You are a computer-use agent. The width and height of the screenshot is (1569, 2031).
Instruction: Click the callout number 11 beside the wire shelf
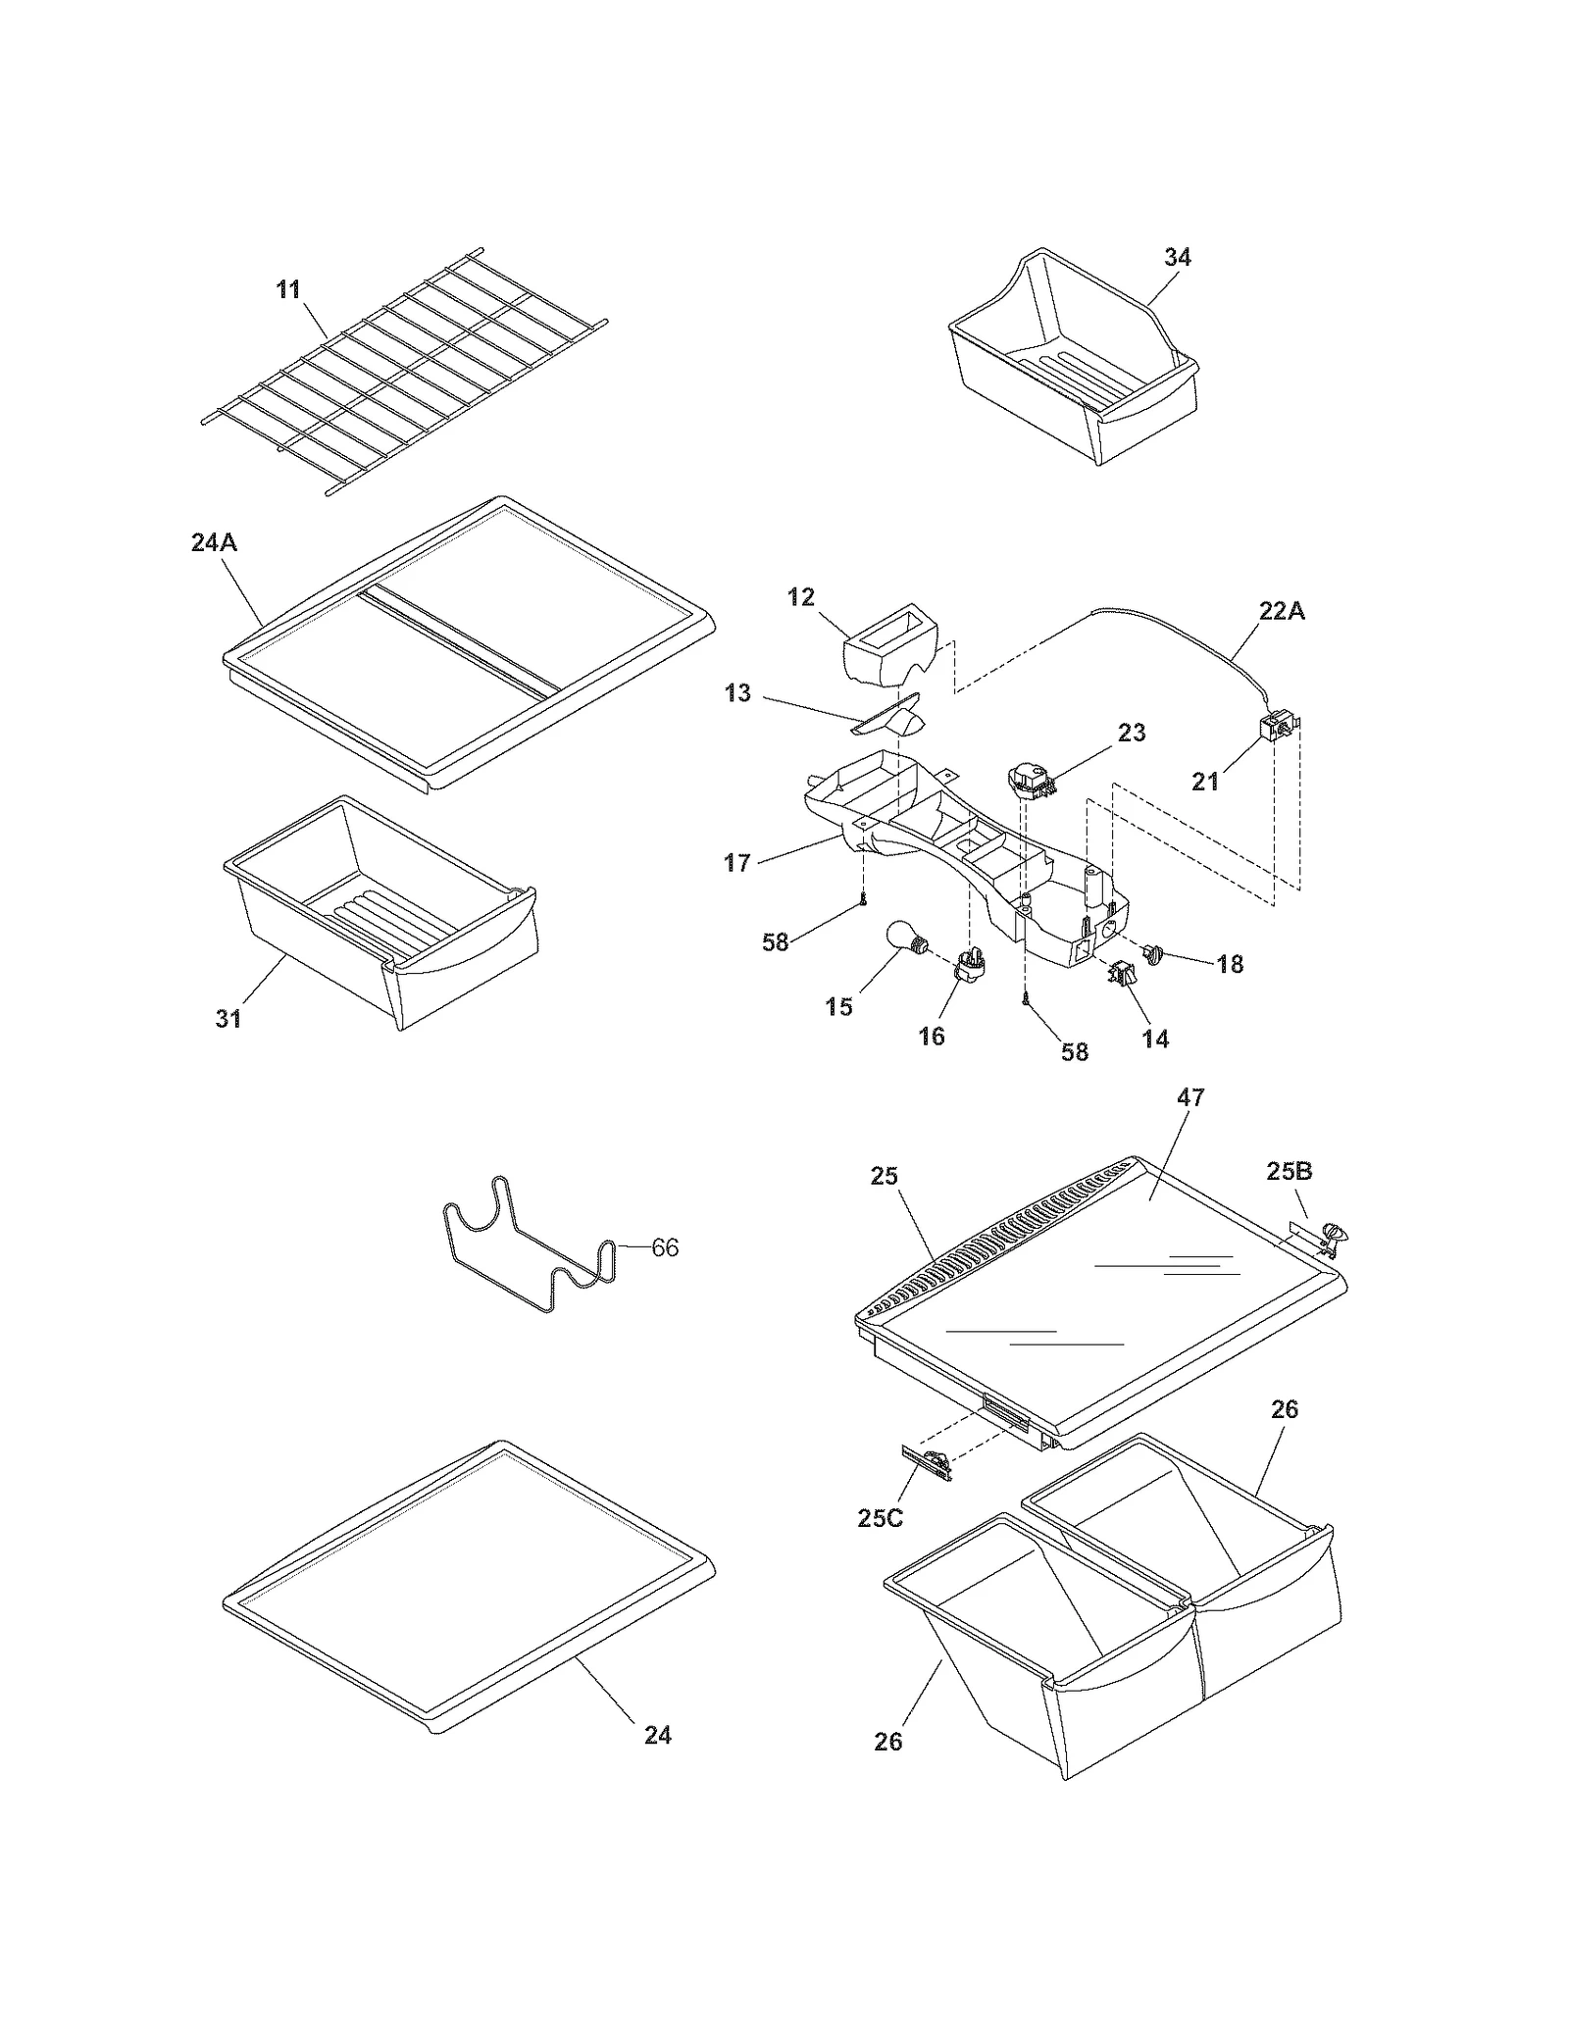[287, 290]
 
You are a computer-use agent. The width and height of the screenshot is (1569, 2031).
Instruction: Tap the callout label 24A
[214, 542]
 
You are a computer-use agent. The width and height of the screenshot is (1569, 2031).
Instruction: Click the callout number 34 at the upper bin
[1177, 257]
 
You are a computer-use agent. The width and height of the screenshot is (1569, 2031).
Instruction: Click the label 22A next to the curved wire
[1281, 611]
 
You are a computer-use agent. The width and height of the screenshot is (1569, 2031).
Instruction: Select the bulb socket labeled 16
[968, 965]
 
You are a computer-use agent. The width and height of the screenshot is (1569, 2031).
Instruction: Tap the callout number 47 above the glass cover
[1189, 1097]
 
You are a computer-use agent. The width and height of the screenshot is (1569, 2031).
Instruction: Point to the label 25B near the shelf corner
[1289, 1171]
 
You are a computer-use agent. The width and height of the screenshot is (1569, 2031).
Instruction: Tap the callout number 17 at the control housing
[736, 863]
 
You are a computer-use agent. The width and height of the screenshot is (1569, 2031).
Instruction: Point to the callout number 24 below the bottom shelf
[657, 1735]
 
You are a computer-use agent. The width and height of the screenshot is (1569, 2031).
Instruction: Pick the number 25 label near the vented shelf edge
[884, 1176]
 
